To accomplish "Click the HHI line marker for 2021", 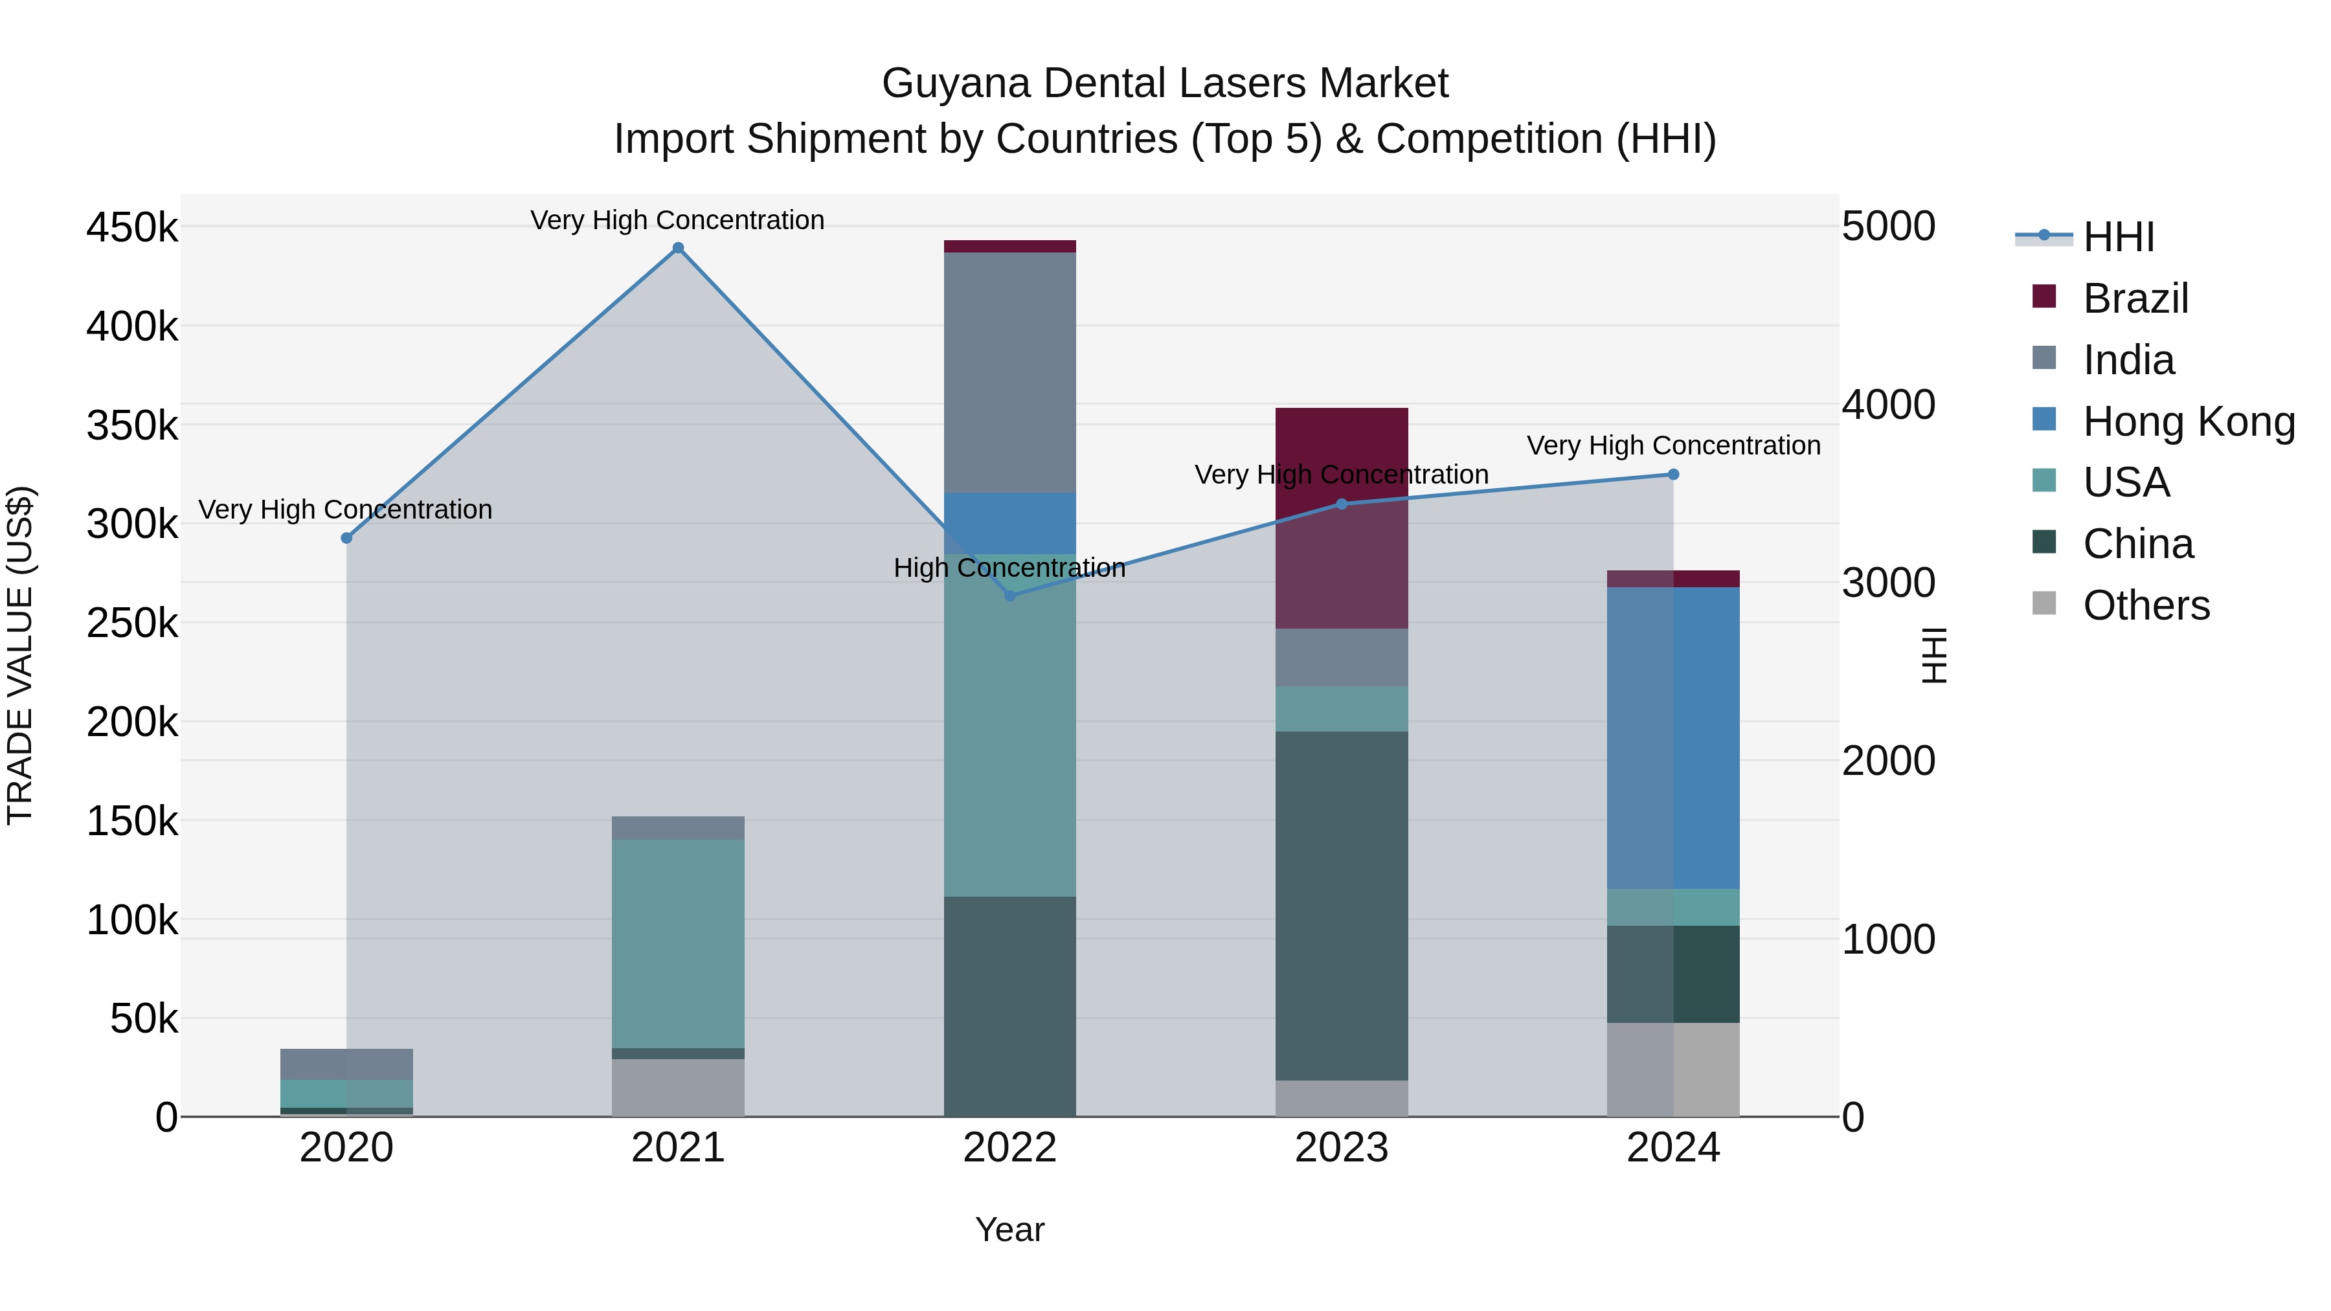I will [x=678, y=248].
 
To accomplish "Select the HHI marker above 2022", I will [x=1010, y=596].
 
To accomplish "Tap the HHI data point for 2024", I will [x=1673, y=474].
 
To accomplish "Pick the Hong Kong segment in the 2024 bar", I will [x=1673, y=737].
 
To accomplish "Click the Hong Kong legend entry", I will [x=2188, y=421].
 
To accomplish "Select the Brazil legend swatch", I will [x=2044, y=297].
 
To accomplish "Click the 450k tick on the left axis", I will [x=132, y=227].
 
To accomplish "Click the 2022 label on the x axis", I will [x=1010, y=1148].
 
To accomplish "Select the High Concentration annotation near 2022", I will [x=1010, y=568].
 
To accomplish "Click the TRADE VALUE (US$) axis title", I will [x=21, y=655].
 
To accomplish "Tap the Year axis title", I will [x=1010, y=1229].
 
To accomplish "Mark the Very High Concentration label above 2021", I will [x=678, y=220].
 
